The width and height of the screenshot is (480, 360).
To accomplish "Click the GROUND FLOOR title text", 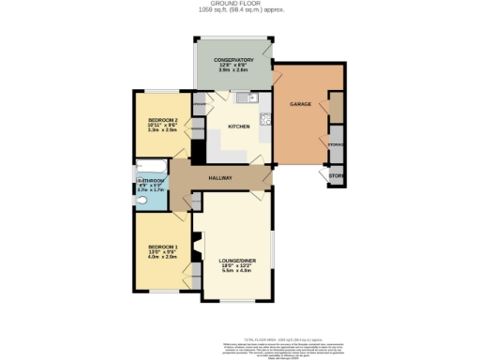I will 239,4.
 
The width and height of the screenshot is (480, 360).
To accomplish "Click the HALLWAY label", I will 220,177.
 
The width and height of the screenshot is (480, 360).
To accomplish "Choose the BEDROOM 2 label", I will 163,121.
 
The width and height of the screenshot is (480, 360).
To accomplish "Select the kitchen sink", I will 242,97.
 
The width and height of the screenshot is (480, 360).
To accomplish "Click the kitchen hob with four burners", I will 265,119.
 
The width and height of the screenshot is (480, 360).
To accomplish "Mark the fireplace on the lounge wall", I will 196,249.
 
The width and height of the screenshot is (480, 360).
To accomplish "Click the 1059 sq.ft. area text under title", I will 239,10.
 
